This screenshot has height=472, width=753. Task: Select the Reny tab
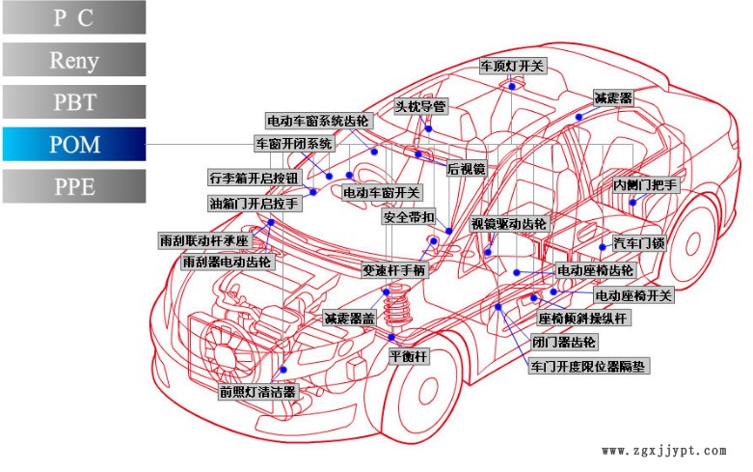pos(74,60)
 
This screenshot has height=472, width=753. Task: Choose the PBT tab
pos(74,101)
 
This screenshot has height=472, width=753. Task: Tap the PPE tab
pos(74,186)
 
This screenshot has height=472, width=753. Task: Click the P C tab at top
pos(74,17)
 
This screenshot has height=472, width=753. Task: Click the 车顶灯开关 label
pos(513,67)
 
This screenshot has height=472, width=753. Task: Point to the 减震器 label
pos(613,98)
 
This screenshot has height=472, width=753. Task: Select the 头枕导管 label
pos(421,105)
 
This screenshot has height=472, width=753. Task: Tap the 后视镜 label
pos(467,168)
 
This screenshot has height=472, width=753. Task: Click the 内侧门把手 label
pos(646,184)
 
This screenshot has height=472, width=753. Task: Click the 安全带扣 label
pos(410,217)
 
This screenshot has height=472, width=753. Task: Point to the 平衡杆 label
pos(408,356)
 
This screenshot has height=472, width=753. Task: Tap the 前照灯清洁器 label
pos(258,392)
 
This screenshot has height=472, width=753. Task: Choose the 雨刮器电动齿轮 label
pos(229,262)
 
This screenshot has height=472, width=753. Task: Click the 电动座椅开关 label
pos(633,295)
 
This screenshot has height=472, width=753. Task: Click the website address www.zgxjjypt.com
pos(663,451)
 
